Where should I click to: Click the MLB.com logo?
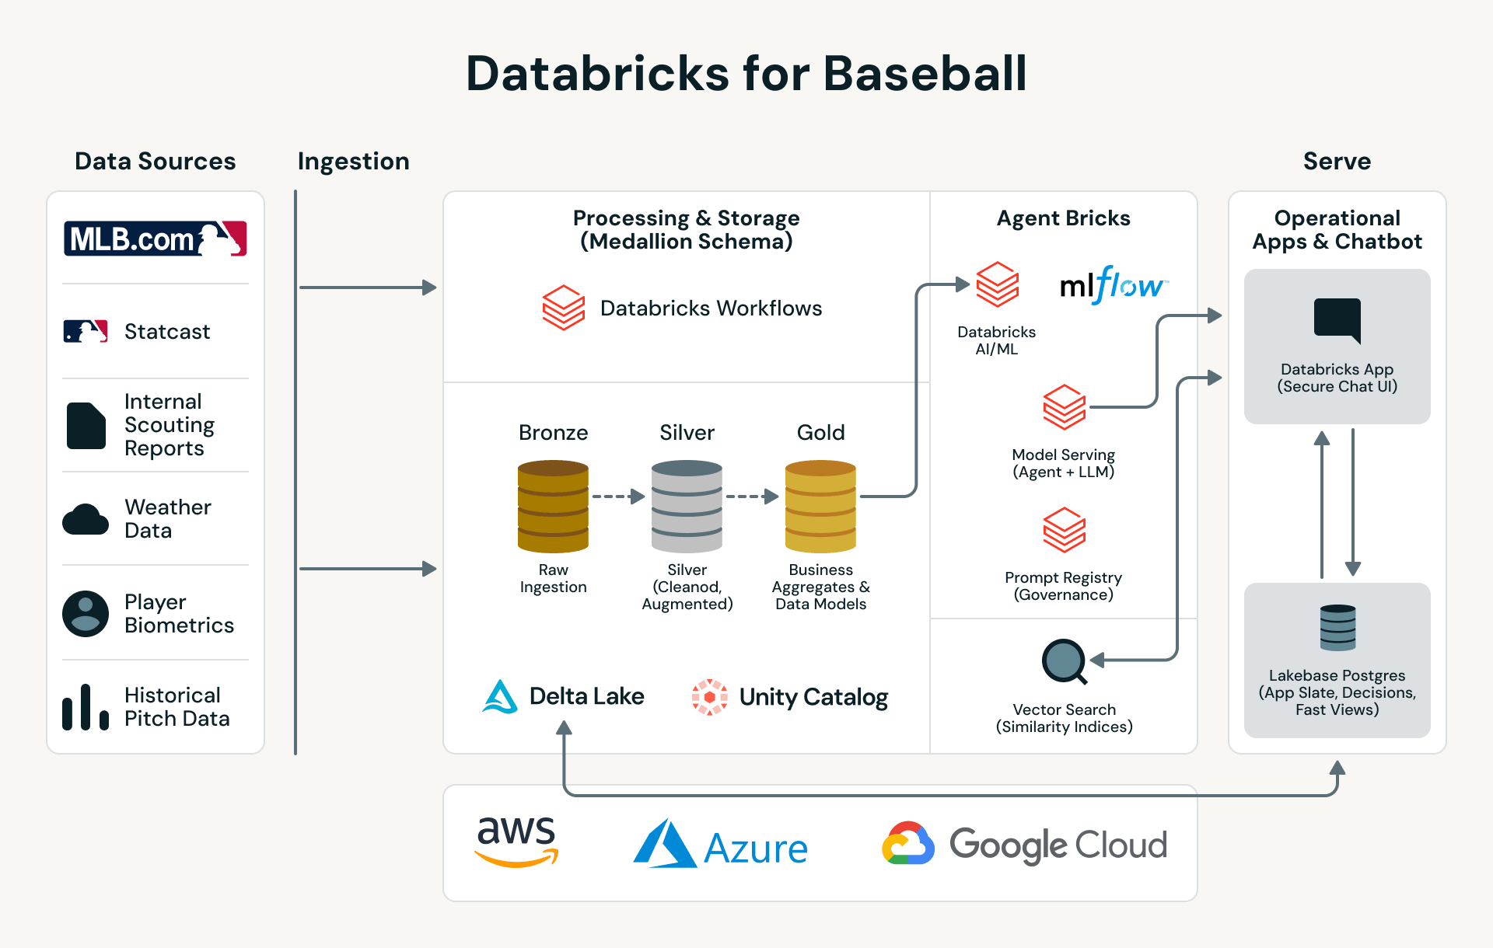(155, 239)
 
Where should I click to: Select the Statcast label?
(166, 332)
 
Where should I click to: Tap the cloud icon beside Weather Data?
(86, 519)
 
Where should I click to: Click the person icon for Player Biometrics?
(86, 614)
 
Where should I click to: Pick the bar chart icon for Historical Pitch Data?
(86, 707)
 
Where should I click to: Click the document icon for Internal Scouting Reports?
(86, 426)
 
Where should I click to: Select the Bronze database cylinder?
(553, 507)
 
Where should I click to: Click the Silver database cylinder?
(687, 507)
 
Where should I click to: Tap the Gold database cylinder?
(820, 507)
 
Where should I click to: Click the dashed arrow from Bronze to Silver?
(619, 497)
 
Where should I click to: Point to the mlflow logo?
(1114, 286)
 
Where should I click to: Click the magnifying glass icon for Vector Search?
(1064, 661)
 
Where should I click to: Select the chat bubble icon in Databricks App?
(1337, 319)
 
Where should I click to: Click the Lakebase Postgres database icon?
(1337, 627)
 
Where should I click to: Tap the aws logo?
(516, 842)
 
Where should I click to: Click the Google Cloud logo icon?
(907, 844)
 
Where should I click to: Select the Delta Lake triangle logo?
(500, 697)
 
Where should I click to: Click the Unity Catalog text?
(813, 697)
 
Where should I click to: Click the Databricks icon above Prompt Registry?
(1064, 530)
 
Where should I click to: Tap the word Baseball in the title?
(925, 74)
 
